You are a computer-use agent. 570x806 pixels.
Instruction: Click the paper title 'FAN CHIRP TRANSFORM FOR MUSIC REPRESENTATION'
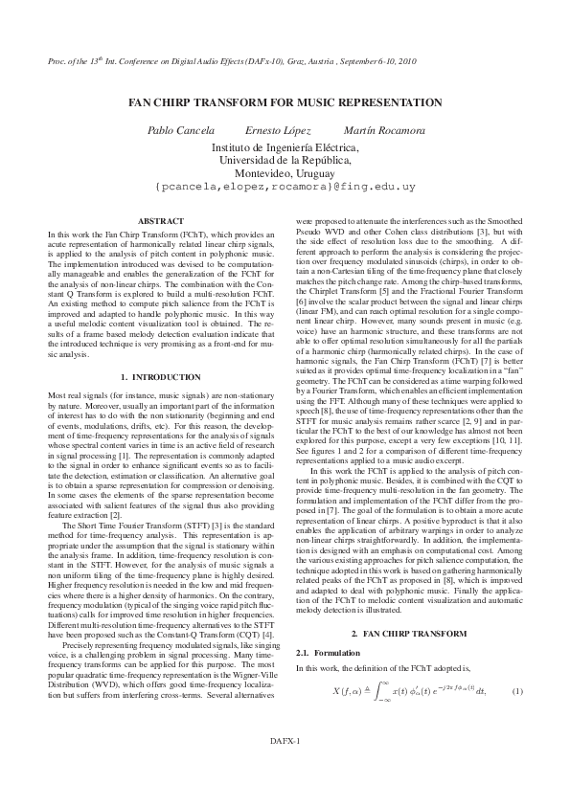(285, 102)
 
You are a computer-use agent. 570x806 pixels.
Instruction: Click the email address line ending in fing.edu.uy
(285, 189)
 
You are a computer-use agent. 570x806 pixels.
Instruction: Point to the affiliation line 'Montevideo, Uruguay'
(285, 174)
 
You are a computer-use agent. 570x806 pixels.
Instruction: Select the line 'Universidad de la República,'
(285, 161)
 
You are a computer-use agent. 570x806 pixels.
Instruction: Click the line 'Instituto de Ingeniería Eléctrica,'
(285, 147)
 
